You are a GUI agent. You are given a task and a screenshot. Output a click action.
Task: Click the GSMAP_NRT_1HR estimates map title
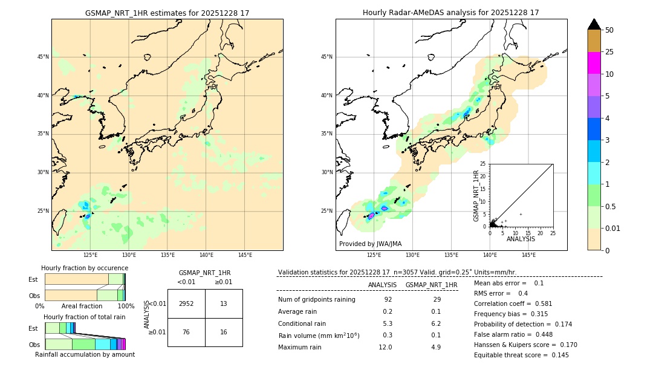point(167,13)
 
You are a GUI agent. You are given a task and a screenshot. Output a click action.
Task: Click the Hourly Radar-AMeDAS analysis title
point(450,13)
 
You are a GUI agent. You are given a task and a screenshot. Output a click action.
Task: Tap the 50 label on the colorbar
point(609,30)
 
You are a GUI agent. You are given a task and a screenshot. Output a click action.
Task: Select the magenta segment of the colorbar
point(594,63)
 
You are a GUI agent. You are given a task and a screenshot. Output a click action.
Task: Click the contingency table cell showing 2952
point(186,303)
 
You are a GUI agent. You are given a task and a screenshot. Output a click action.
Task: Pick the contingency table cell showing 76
point(186,332)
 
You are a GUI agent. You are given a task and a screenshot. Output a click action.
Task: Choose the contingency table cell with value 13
point(224,303)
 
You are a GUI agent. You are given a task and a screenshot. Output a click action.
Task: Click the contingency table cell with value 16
point(224,332)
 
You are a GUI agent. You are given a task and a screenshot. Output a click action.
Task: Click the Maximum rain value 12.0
point(386,347)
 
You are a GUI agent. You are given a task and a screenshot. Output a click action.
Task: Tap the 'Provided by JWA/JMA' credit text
point(370,244)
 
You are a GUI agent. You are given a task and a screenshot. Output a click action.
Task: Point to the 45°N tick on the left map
point(43,57)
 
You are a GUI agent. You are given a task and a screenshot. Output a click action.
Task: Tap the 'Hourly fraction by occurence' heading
point(85,268)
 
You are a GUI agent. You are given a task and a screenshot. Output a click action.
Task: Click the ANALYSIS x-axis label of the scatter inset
point(521,239)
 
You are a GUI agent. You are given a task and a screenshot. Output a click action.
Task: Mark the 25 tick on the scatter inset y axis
point(482,164)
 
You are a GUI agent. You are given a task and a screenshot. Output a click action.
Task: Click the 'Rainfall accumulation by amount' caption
point(85,354)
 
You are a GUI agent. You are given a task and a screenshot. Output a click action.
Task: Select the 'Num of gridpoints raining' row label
point(317,299)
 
